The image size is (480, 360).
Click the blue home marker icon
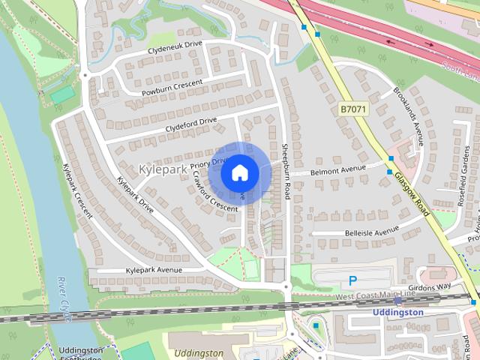point(240,173)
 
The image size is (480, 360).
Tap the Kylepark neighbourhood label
point(163,169)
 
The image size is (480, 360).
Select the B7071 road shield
point(352,109)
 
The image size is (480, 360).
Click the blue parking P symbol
point(352,281)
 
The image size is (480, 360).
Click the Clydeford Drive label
point(191,124)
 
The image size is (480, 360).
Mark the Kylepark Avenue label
point(154,270)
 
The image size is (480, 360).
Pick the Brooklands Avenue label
point(409,115)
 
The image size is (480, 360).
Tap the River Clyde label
point(63,299)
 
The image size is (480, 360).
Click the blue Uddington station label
point(398,312)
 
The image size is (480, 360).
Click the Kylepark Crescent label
point(77,190)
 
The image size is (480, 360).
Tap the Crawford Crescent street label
point(214,190)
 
